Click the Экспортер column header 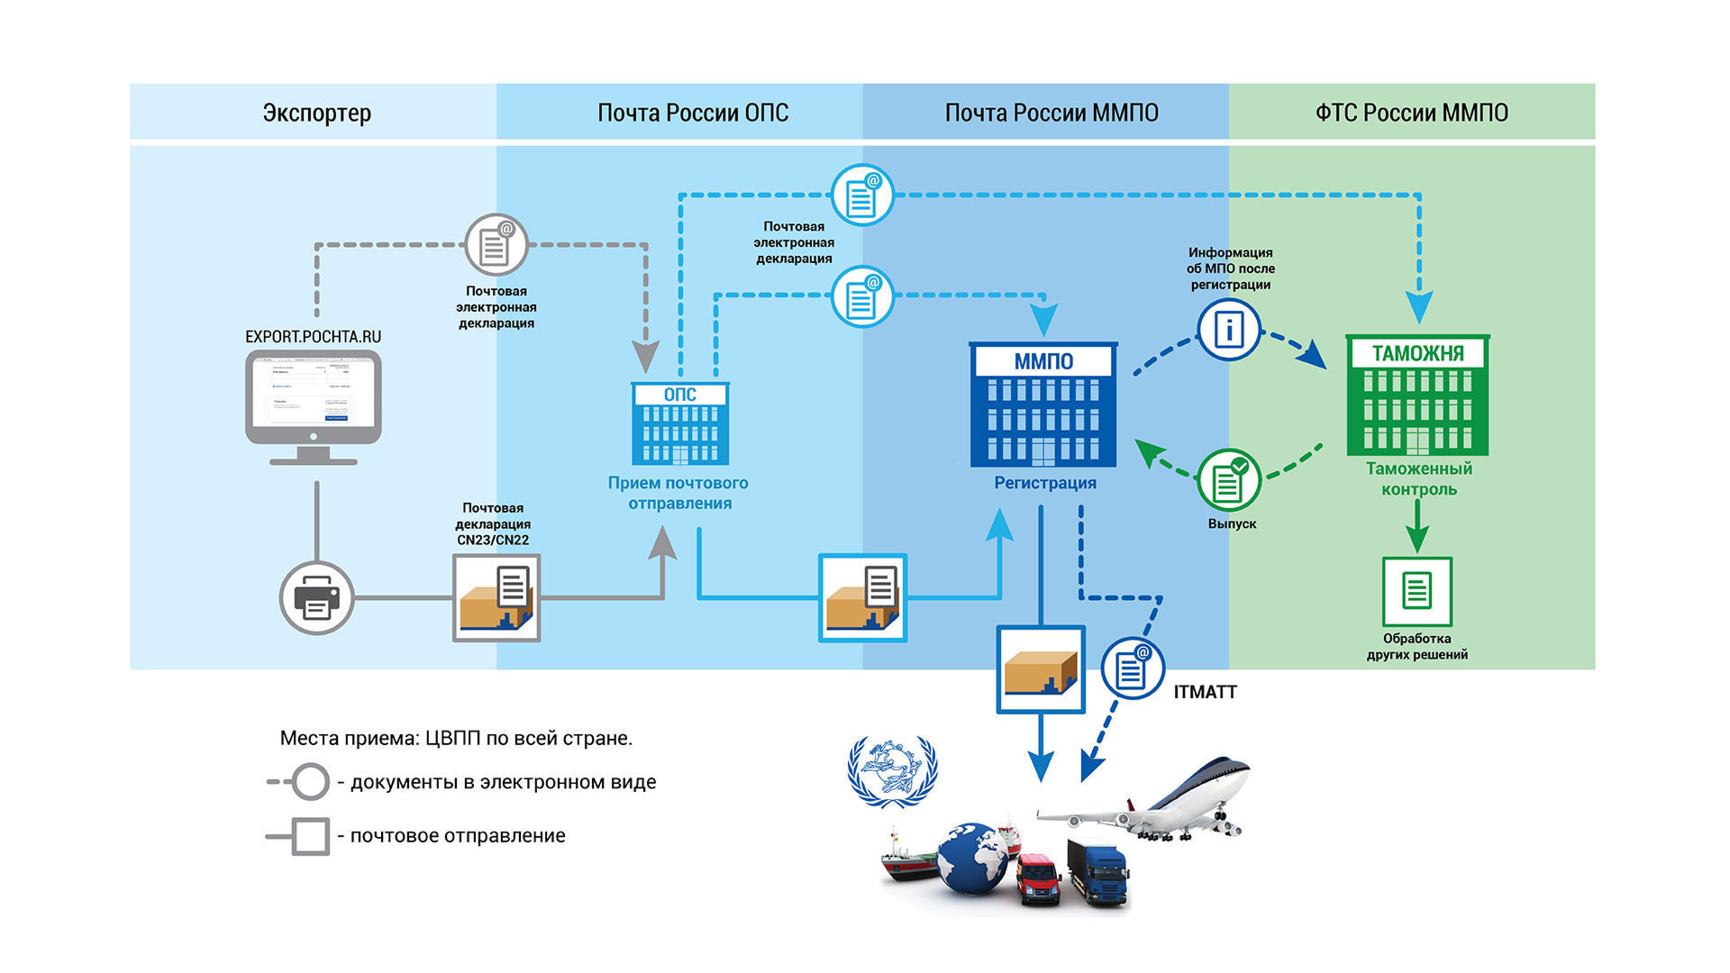(316, 113)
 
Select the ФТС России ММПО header (1411, 113)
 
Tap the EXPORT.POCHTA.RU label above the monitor (314, 336)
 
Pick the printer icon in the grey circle (316, 597)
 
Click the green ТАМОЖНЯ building (1417, 396)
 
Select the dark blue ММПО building (1043, 405)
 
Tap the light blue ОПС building (680, 423)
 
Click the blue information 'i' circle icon (1228, 330)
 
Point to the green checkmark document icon (1229, 480)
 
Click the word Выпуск (1232, 523)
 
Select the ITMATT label (1205, 692)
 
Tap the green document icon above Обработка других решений (1416, 591)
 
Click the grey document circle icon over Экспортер (496, 244)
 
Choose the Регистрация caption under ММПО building (1044, 483)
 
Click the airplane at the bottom (1162, 800)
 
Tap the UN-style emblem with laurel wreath (892, 771)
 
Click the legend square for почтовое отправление (311, 836)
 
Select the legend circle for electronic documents (311, 782)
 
